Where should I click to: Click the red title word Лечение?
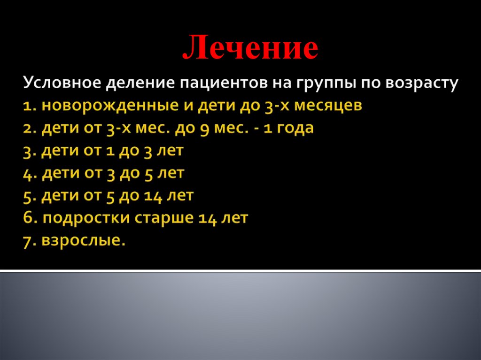click(250, 48)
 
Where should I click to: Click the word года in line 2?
click(295, 128)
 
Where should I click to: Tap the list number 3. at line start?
click(29, 151)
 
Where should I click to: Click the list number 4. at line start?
click(29, 173)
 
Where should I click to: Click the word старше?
click(164, 218)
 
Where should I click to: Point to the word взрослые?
click(84, 241)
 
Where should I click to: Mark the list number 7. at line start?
click(29, 241)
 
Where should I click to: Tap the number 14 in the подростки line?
click(207, 218)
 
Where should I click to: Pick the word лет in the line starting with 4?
click(170, 173)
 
